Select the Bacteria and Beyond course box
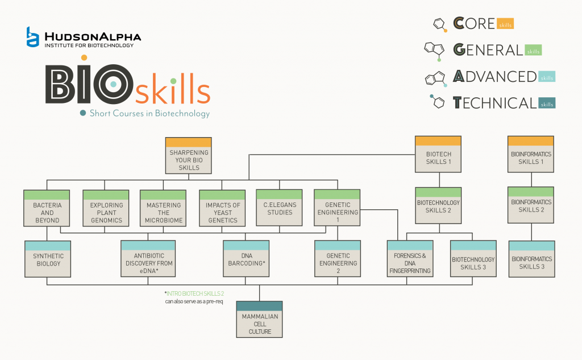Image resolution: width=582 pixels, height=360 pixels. [47, 209]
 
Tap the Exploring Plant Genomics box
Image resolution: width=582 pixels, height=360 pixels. [106, 209]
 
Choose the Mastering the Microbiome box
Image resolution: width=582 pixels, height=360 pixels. [164, 209]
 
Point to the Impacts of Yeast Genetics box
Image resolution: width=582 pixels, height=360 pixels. [222, 209]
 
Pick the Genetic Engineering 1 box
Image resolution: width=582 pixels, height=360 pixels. [338, 208]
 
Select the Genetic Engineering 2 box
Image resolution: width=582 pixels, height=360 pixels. [338, 259]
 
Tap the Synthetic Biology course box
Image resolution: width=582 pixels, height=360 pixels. [47, 259]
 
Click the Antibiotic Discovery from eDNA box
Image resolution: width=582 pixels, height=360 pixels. [149, 259]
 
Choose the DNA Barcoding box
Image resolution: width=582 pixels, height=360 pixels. [246, 259]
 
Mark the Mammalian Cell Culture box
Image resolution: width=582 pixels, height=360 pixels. [260, 320]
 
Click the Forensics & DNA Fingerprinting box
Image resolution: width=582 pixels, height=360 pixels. [410, 259]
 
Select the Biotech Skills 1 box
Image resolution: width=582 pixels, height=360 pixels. [438, 154]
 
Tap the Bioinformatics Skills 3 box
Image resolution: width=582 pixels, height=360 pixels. [531, 259]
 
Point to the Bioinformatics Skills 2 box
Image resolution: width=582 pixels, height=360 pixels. [531, 205]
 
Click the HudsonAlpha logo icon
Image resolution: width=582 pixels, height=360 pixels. [33, 36]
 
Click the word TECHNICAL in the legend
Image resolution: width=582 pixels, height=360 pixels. [494, 103]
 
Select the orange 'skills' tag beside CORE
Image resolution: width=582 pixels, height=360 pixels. [505, 24]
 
